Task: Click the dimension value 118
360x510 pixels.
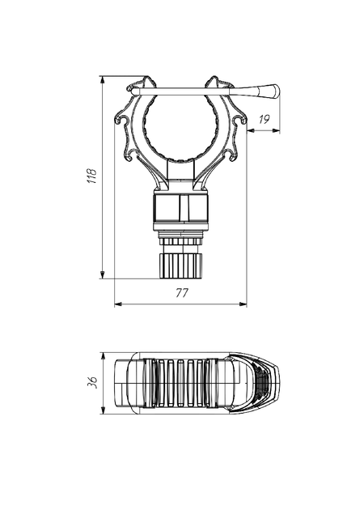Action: coord(92,176)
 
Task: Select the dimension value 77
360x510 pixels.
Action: coord(182,293)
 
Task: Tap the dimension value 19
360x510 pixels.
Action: coord(265,119)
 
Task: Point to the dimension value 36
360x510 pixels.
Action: coord(92,382)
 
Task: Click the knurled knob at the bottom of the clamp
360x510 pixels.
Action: coord(180,266)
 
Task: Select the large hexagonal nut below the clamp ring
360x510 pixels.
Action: coord(180,209)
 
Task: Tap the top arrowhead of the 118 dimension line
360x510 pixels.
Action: coord(103,80)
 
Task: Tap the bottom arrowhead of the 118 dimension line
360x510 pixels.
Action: coord(103,274)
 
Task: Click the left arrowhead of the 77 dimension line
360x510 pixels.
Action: coord(119,304)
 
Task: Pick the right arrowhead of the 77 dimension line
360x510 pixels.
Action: coord(243,304)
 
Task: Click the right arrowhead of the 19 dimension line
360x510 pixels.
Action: coord(276,131)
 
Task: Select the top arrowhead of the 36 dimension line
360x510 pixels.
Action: coord(104,356)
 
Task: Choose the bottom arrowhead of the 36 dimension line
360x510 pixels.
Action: coord(104,410)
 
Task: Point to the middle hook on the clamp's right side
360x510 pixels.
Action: coord(239,120)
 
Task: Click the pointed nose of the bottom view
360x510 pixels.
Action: coord(278,382)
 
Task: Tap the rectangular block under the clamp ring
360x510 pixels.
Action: coord(180,169)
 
